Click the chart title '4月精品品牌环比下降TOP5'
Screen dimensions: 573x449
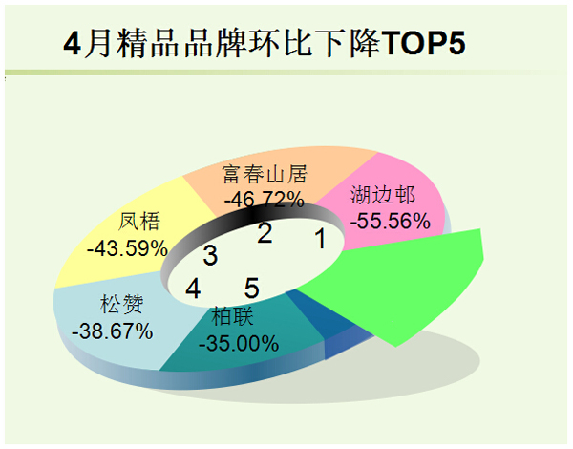click(x=265, y=44)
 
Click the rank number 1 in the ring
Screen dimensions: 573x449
click(x=321, y=239)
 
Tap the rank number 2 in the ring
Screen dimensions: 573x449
click(x=265, y=232)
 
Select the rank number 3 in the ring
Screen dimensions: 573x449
click(x=210, y=255)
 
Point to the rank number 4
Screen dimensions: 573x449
click(x=193, y=289)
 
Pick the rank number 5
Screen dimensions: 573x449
click(x=252, y=288)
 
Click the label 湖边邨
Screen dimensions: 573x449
click(x=383, y=195)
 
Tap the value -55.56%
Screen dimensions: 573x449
click(x=391, y=221)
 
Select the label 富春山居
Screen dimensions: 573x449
click(x=265, y=174)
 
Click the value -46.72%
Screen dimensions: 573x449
click(x=265, y=200)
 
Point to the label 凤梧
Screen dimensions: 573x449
click(x=139, y=222)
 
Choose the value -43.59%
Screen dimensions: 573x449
click(x=127, y=248)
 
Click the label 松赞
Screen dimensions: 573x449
click(x=122, y=304)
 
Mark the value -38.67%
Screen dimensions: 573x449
click(x=112, y=331)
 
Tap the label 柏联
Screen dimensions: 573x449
click(x=232, y=316)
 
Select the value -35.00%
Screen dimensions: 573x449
click(x=239, y=344)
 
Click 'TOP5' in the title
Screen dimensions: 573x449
click(x=425, y=44)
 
